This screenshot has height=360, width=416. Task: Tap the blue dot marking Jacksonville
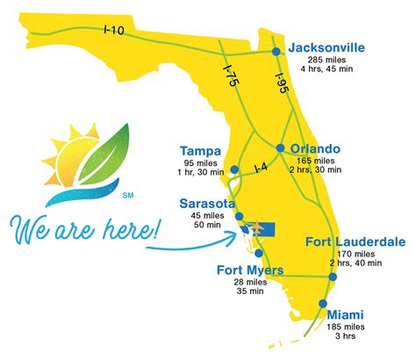(276, 52)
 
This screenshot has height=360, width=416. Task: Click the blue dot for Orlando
(280, 148)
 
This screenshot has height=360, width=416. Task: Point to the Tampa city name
(199, 150)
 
